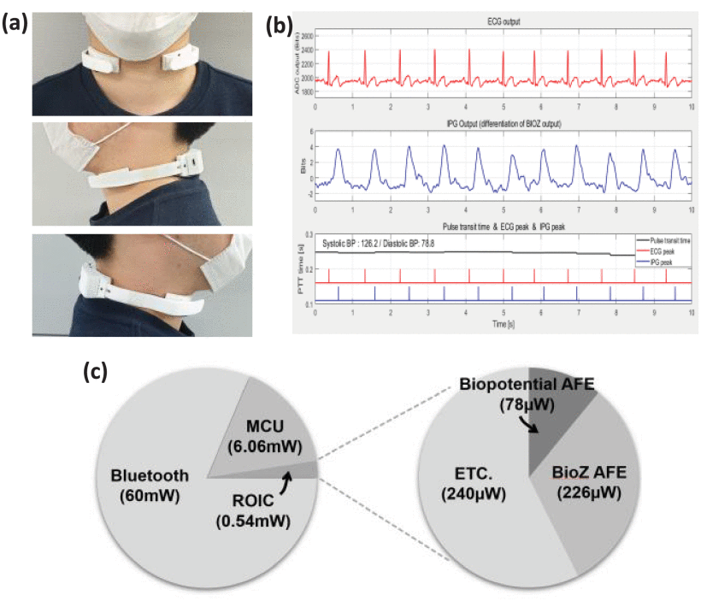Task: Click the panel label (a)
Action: coord(17,25)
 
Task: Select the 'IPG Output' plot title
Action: coord(502,125)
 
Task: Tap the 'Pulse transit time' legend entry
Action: coord(662,242)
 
